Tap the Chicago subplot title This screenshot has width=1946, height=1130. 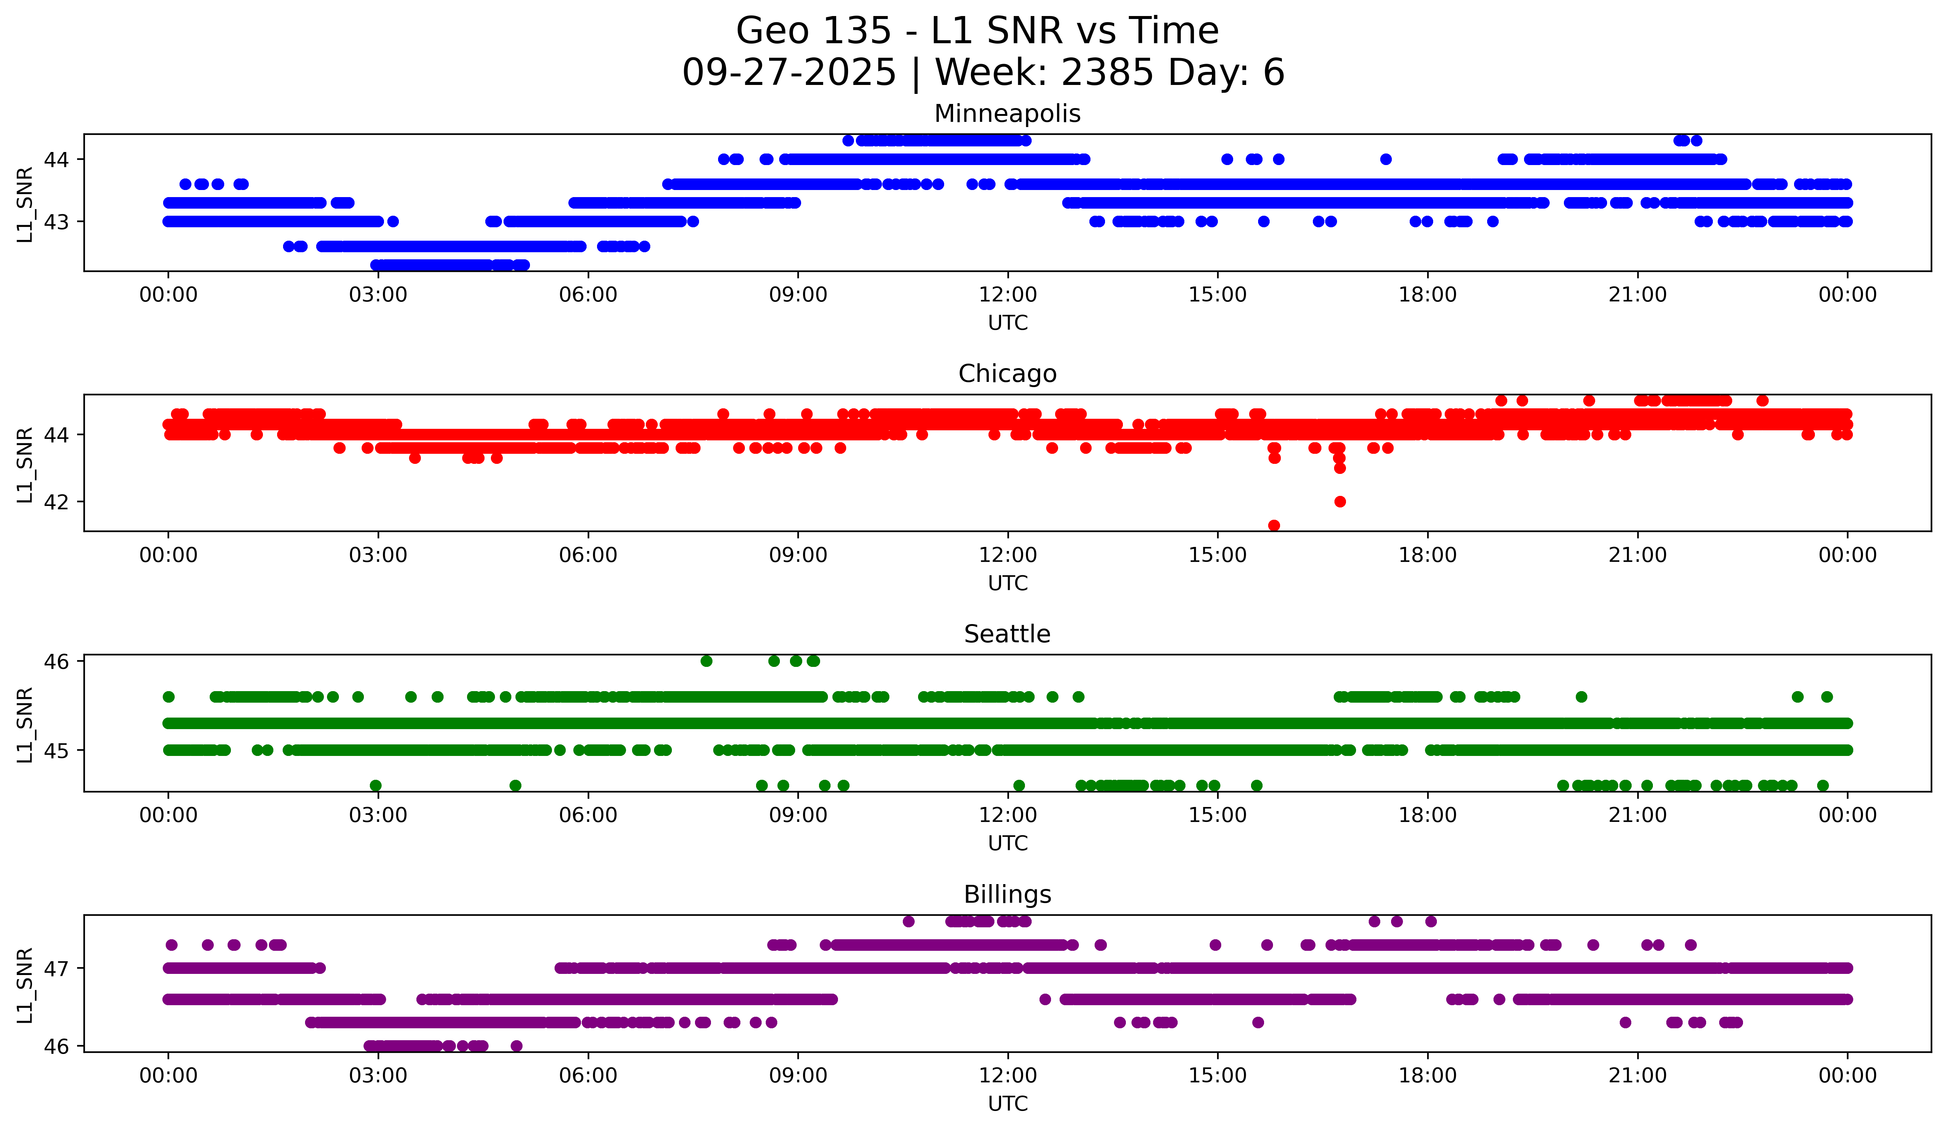(1007, 374)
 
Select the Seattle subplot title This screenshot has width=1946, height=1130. (1007, 634)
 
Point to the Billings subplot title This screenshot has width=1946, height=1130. (1007, 895)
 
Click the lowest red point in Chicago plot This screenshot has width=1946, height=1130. (1274, 525)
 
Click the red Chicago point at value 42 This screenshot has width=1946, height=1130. (1340, 501)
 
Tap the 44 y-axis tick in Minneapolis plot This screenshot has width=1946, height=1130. (55, 160)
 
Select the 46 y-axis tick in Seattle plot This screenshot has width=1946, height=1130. (55, 661)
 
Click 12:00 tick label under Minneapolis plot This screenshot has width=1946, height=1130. (1008, 295)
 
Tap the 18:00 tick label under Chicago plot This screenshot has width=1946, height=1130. (1427, 555)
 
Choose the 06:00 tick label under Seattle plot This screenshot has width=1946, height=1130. (588, 816)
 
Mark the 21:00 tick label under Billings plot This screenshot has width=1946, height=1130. (1637, 1076)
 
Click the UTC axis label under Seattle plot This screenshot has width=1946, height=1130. (1008, 843)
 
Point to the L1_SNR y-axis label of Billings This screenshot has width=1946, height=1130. (25, 985)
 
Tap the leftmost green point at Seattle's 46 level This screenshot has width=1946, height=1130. (706, 661)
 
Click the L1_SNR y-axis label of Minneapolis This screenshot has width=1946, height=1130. (25, 205)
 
